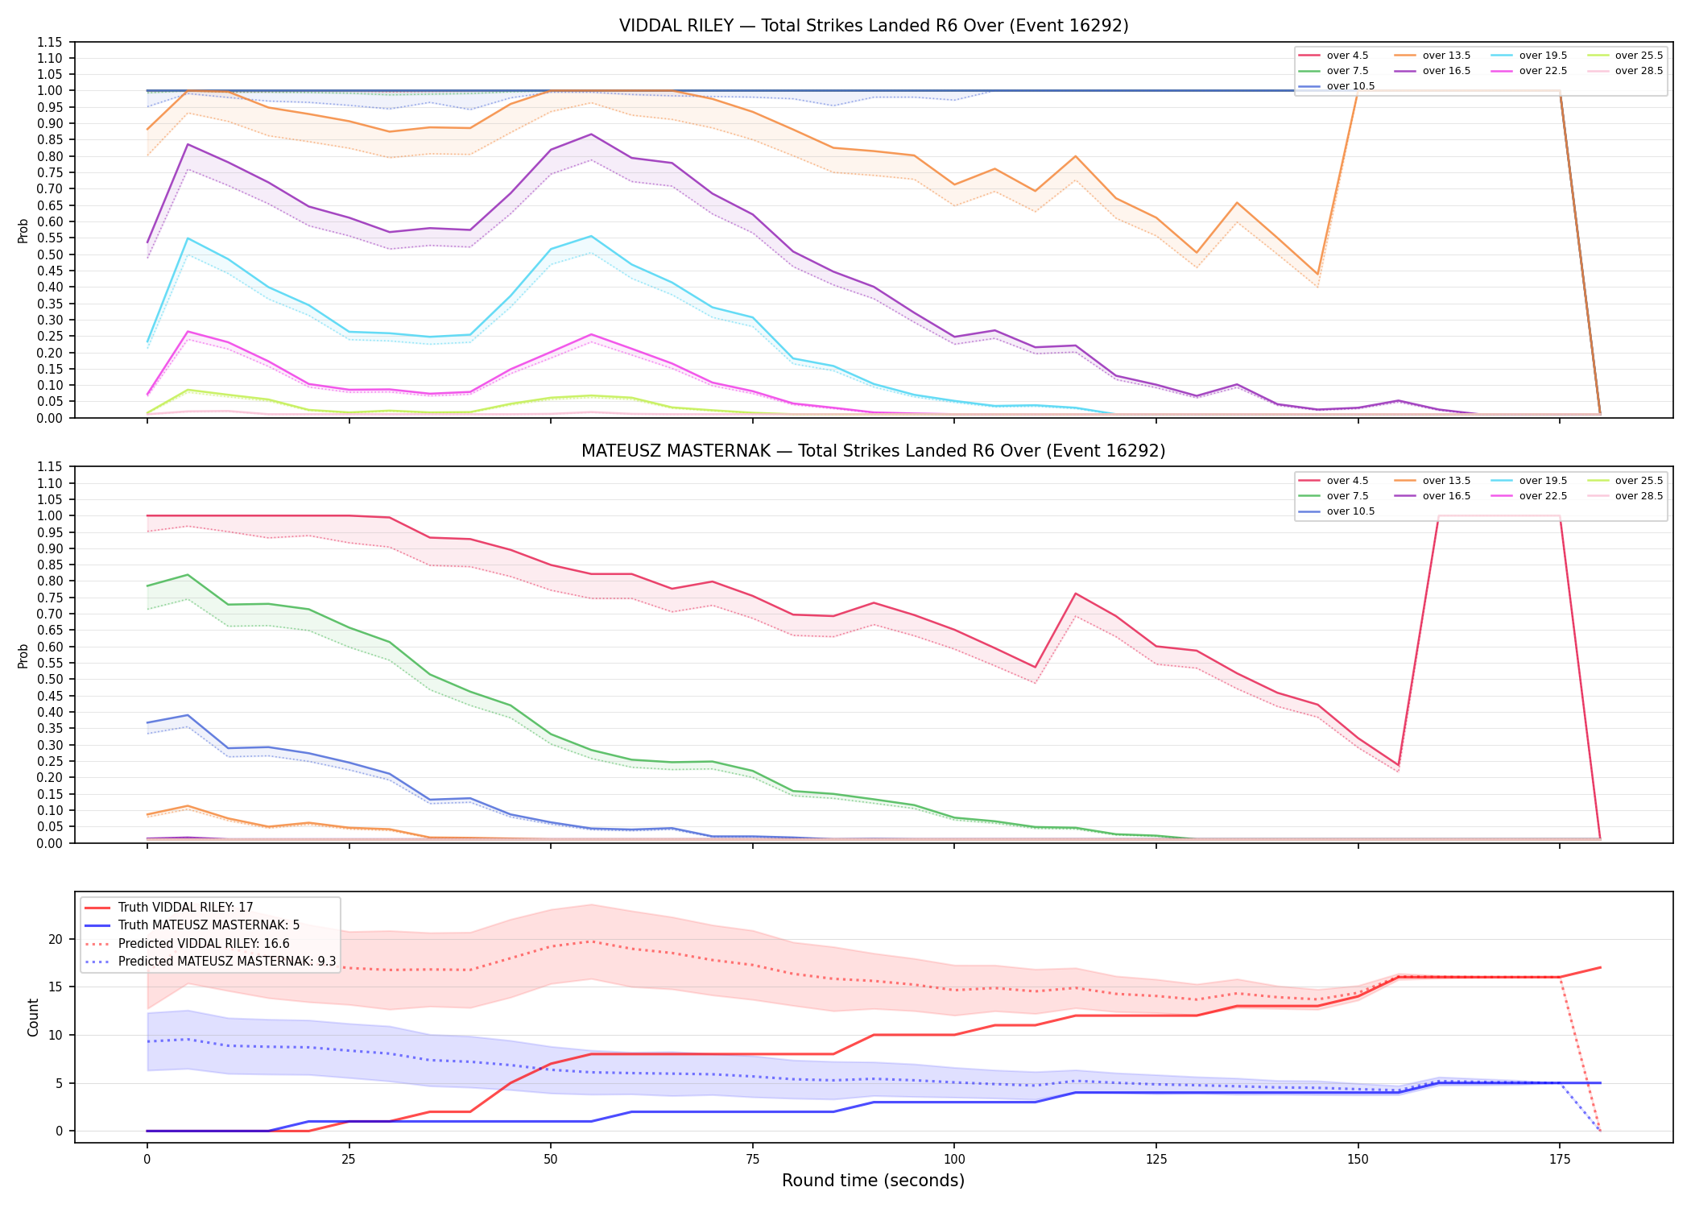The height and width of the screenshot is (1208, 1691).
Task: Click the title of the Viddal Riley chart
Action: [874, 26]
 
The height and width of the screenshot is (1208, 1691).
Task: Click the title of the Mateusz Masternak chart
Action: [874, 451]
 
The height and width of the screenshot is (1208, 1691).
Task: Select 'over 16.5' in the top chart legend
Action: [1446, 71]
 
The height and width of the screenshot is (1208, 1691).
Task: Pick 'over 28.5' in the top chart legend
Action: [1639, 71]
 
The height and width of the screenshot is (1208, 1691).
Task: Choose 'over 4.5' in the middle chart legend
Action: [1347, 481]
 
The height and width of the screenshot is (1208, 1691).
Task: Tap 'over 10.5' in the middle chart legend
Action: [1350, 511]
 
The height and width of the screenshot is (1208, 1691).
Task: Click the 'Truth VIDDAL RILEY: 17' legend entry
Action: [185, 908]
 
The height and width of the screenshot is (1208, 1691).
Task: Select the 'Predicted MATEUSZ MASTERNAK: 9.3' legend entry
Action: [227, 962]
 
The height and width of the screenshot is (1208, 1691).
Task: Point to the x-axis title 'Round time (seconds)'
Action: [874, 1181]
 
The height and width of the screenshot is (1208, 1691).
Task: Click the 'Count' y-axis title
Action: [33, 1017]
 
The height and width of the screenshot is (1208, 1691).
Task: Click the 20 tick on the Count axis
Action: [56, 939]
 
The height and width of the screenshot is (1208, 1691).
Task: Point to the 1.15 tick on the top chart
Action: [49, 42]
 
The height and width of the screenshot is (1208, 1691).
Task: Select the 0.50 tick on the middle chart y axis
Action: [49, 679]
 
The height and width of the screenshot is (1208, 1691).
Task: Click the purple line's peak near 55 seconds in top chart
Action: [591, 134]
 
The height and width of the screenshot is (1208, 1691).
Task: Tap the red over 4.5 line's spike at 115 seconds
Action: [1076, 594]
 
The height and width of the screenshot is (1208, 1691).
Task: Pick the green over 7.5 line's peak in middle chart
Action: [188, 574]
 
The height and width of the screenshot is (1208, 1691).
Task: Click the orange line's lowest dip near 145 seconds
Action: [1317, 275]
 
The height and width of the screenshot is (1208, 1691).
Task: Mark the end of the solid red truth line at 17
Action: [1600, 967]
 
